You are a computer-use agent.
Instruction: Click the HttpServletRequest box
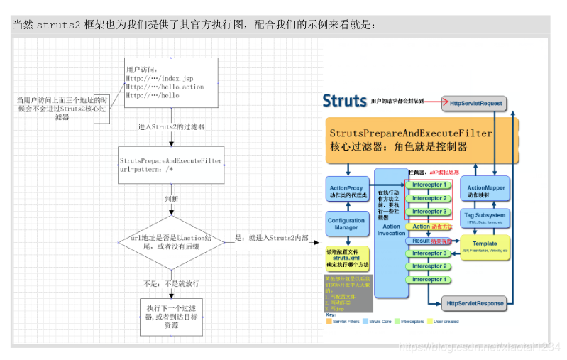pyautogui.click(x=475, y=103)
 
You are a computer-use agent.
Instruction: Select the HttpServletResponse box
pyautogui.click(x=475, y=303)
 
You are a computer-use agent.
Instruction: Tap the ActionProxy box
pyautogui.click(x=346, y=191)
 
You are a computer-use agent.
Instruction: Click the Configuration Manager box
pyautogui.click(x=346, y=224)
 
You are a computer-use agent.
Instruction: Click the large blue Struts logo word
pyautogui.click(x=345, y=100)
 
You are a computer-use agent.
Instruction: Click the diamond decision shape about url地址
pyautogui.click(x=171, y=242)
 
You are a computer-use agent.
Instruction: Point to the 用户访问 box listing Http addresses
pyautogui.click(x=171, y=83)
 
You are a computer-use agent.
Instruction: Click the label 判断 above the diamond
pyautogui.click(x=171, y=199)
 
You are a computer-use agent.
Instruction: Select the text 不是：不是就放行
pyautogui.click(x=171, y=283)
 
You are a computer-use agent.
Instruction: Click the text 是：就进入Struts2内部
pyautogui.click(x=271, y=238)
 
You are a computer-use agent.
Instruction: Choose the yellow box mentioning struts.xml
pyautogui.click(x=346, y=257)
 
